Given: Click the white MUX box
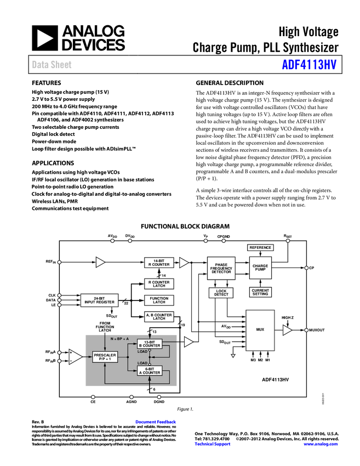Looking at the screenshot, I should point(260,329).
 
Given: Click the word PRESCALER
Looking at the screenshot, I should point(105,355).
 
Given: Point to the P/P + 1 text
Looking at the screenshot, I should point(105,359).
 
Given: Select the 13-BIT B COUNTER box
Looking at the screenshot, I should point(150,344).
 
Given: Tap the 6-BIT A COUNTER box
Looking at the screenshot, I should point(150,371).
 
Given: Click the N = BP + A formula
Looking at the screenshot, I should point(120,339).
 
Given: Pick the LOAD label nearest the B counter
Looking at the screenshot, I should point(142,351).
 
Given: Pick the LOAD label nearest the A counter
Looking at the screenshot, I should point(142,363).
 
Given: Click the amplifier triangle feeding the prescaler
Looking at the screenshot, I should point(76,357).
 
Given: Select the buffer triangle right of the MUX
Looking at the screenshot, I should point(287,330).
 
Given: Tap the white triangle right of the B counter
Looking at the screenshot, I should point(188,342).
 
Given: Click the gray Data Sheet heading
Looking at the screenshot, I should point(52,65).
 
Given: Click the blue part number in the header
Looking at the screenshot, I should point(309,65).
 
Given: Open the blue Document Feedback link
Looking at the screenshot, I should point(156,422).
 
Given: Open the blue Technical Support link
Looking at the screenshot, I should point(213,444).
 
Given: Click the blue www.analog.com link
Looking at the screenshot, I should point(321,444).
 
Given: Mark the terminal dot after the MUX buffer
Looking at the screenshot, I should point(306,330).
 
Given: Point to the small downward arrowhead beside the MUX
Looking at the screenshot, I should point(233,356).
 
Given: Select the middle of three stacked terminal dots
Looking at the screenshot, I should point(59,300).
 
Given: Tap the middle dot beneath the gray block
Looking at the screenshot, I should point(132,397).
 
